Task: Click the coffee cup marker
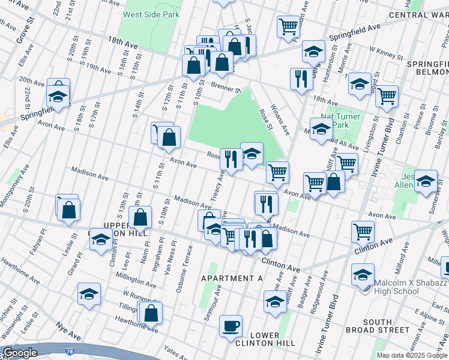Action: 231,327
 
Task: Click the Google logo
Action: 20,353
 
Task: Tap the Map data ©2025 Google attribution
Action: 411,355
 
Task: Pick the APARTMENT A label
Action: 232,278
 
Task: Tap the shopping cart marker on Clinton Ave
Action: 363,231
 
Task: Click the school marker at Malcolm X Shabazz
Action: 363,274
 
